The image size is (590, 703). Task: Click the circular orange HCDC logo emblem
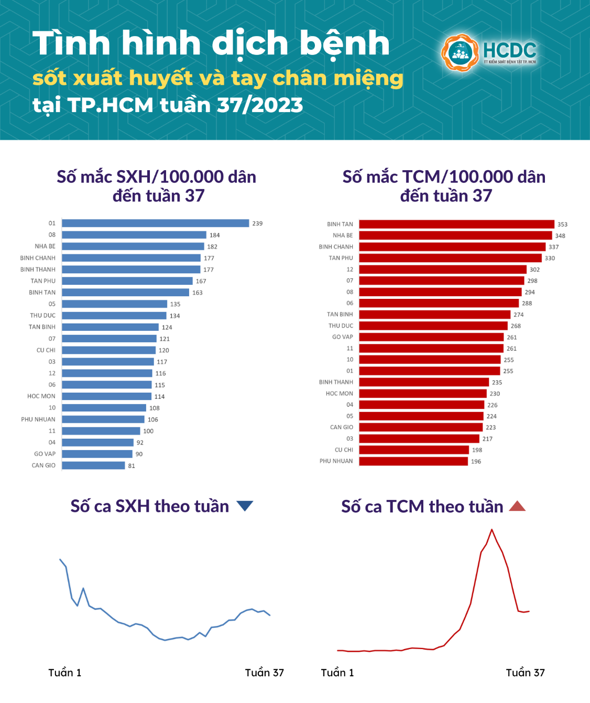tap(460, 53)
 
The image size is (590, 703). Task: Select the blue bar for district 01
tap(155, 224)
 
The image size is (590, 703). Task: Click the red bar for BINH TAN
tap(456, 224)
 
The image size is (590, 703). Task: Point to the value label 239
tap(257, 224)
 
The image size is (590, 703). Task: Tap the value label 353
tap(562, 225)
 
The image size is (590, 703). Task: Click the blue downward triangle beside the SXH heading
tap(245, 506)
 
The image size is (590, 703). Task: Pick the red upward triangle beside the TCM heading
tap(517, 506)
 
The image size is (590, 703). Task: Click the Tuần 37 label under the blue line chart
tap(264, 673)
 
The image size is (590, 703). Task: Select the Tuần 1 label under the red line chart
tap(337, 673)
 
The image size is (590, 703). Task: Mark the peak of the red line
tap(491, 530)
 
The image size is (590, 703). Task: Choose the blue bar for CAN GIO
tap(93, 465)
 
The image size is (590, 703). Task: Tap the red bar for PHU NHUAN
tap(413, 461)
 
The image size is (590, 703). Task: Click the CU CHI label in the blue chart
tap(46, 350)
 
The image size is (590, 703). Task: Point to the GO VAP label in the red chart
tap(342, 337)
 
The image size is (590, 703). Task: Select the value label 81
tap(132, 466)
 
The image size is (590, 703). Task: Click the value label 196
tap(476, 462)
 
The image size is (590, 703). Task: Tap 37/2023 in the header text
tap(260, 105)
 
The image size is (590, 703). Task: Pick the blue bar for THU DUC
tap(114, 316)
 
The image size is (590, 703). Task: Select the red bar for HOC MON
tap(423, 394)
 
